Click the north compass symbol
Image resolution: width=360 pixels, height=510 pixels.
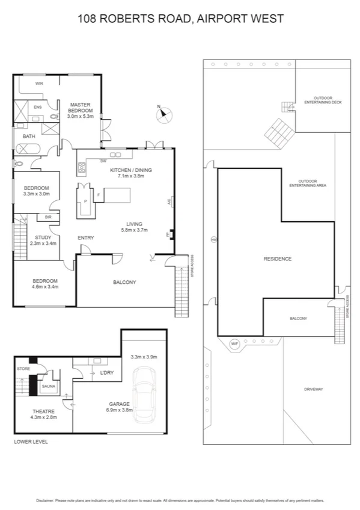pos(163,114)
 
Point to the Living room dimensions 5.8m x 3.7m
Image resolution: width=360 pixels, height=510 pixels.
pos(135,230)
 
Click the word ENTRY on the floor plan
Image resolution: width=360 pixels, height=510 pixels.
pos(86,238)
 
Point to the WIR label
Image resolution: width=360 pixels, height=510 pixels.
pos(39,84)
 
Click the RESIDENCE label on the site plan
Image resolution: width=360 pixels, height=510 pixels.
pos(277,259)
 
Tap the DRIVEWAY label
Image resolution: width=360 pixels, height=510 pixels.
pos(314,390)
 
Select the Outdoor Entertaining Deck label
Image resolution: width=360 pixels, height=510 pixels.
pos(323,100)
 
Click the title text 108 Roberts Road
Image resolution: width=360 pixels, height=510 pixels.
pos(180,19)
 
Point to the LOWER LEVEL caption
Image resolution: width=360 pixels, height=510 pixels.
pos(31,441)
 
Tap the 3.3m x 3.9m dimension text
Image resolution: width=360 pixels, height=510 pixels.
pos(144,357)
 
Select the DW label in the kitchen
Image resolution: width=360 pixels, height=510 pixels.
pos(103,161)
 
